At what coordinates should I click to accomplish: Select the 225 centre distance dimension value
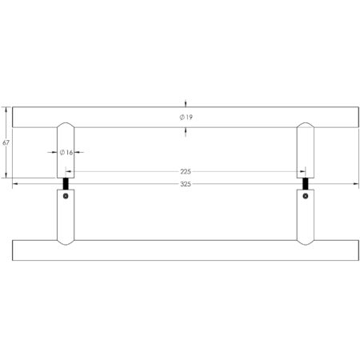[185, 170]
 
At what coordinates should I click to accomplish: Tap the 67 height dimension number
[6, 142]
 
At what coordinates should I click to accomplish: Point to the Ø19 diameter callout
[186, 118]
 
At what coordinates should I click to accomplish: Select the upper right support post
[306, 152]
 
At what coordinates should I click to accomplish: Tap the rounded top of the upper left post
[66, 125]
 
